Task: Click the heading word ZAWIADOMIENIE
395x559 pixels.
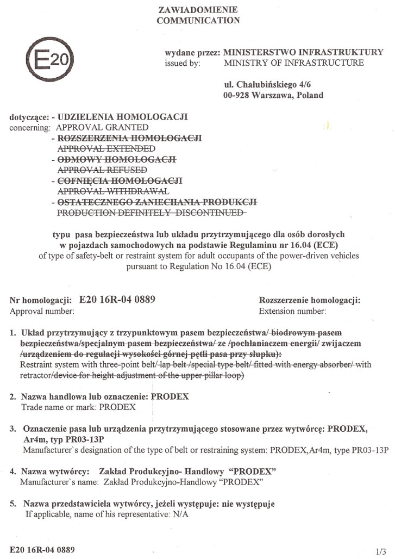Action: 198,10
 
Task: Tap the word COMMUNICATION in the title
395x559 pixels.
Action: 198,21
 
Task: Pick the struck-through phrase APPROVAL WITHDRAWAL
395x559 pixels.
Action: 114,191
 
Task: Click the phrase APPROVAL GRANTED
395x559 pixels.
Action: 99,127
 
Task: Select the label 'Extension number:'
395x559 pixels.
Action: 292,312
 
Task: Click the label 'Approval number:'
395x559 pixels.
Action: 42,312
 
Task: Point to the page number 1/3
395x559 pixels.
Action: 380,550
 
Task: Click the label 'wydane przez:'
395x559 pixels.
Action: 192,53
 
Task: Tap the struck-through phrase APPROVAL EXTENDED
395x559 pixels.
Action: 106,148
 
